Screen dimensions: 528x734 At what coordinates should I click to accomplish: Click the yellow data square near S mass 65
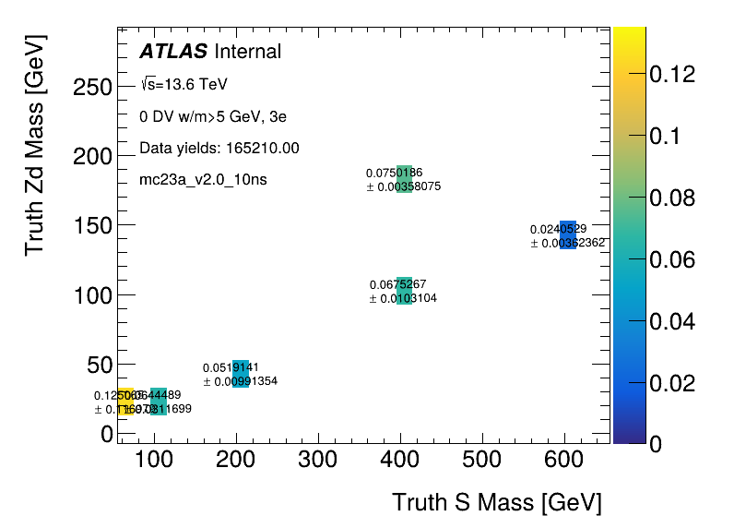tap(125, 402)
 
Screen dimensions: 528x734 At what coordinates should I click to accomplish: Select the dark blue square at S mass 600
tap(568, 234)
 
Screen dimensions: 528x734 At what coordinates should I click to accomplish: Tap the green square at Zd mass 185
tap(404, 179)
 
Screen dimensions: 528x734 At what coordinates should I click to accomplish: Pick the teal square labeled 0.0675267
tap(404, 291)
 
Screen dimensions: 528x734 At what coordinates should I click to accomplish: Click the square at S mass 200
tap(241, 374)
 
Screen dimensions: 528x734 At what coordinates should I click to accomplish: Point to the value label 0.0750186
tap(394, 173)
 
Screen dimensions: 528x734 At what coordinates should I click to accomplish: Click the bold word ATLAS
tap(173, 52)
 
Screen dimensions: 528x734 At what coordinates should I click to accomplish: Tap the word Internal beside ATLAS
tap(247, 52)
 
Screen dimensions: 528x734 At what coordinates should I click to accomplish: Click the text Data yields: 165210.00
tap(219, 148)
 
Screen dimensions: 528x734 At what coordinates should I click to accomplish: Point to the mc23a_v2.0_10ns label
tap(203, 179)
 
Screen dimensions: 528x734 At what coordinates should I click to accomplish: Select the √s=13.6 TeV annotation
tap(183, 85)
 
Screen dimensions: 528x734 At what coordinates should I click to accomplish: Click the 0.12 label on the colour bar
tap(672, 75)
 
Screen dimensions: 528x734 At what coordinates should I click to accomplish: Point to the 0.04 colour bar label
tap(672, 321)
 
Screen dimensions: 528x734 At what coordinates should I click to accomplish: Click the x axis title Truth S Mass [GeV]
tap(497, 503)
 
